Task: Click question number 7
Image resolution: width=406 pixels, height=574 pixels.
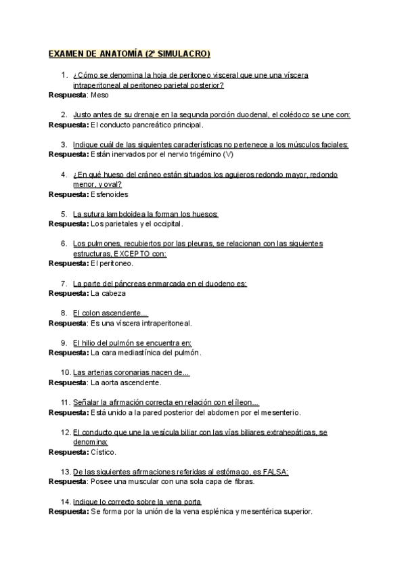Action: [x=64, y=284]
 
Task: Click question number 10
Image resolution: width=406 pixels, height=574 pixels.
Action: [x=66, y=372]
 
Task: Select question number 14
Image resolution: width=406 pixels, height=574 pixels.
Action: [x=66, y=502]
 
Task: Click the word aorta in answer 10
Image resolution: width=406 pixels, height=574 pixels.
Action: [x=112, y=382]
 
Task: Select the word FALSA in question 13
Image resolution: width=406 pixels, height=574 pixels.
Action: [x=275, y=472]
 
